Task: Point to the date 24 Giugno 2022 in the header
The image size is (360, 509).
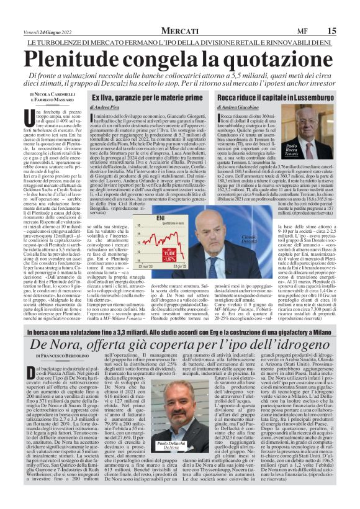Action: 53,30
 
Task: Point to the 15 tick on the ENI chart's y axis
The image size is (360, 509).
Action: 138,227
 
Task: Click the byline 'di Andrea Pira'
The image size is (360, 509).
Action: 106,108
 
